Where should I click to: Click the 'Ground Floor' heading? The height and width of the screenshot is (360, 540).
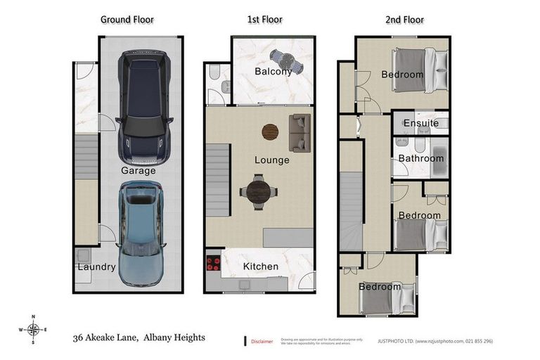[x=127, y=20]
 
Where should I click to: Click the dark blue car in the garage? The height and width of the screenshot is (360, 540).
[x=145, y=105]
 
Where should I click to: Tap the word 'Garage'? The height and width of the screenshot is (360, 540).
[x=138, y=171]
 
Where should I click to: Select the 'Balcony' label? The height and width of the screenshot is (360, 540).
[x=273, y=71]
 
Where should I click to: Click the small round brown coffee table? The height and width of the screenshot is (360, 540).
[x=270, y=131]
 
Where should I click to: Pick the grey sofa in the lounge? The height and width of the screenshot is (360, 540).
[x=300, y=133]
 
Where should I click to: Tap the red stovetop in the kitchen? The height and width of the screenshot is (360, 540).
[x=213, y=265]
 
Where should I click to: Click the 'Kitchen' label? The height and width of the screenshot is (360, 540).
[x=260, y=266]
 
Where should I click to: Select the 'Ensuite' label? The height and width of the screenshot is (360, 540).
[x=421, y=123]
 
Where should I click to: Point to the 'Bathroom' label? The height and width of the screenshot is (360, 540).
[x=421, y=158]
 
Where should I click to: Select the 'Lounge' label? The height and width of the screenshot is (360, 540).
[x=271, y=160]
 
